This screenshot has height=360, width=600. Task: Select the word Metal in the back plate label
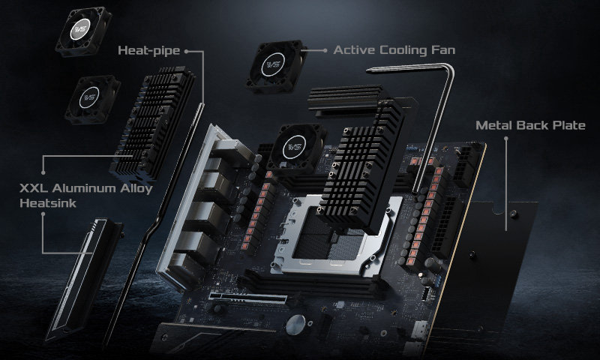coord(493,124)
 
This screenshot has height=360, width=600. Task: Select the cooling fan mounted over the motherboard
coord(295,148)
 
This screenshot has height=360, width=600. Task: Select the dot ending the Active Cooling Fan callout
coord(324,51)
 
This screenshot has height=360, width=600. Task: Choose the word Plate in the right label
coord(565,124)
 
